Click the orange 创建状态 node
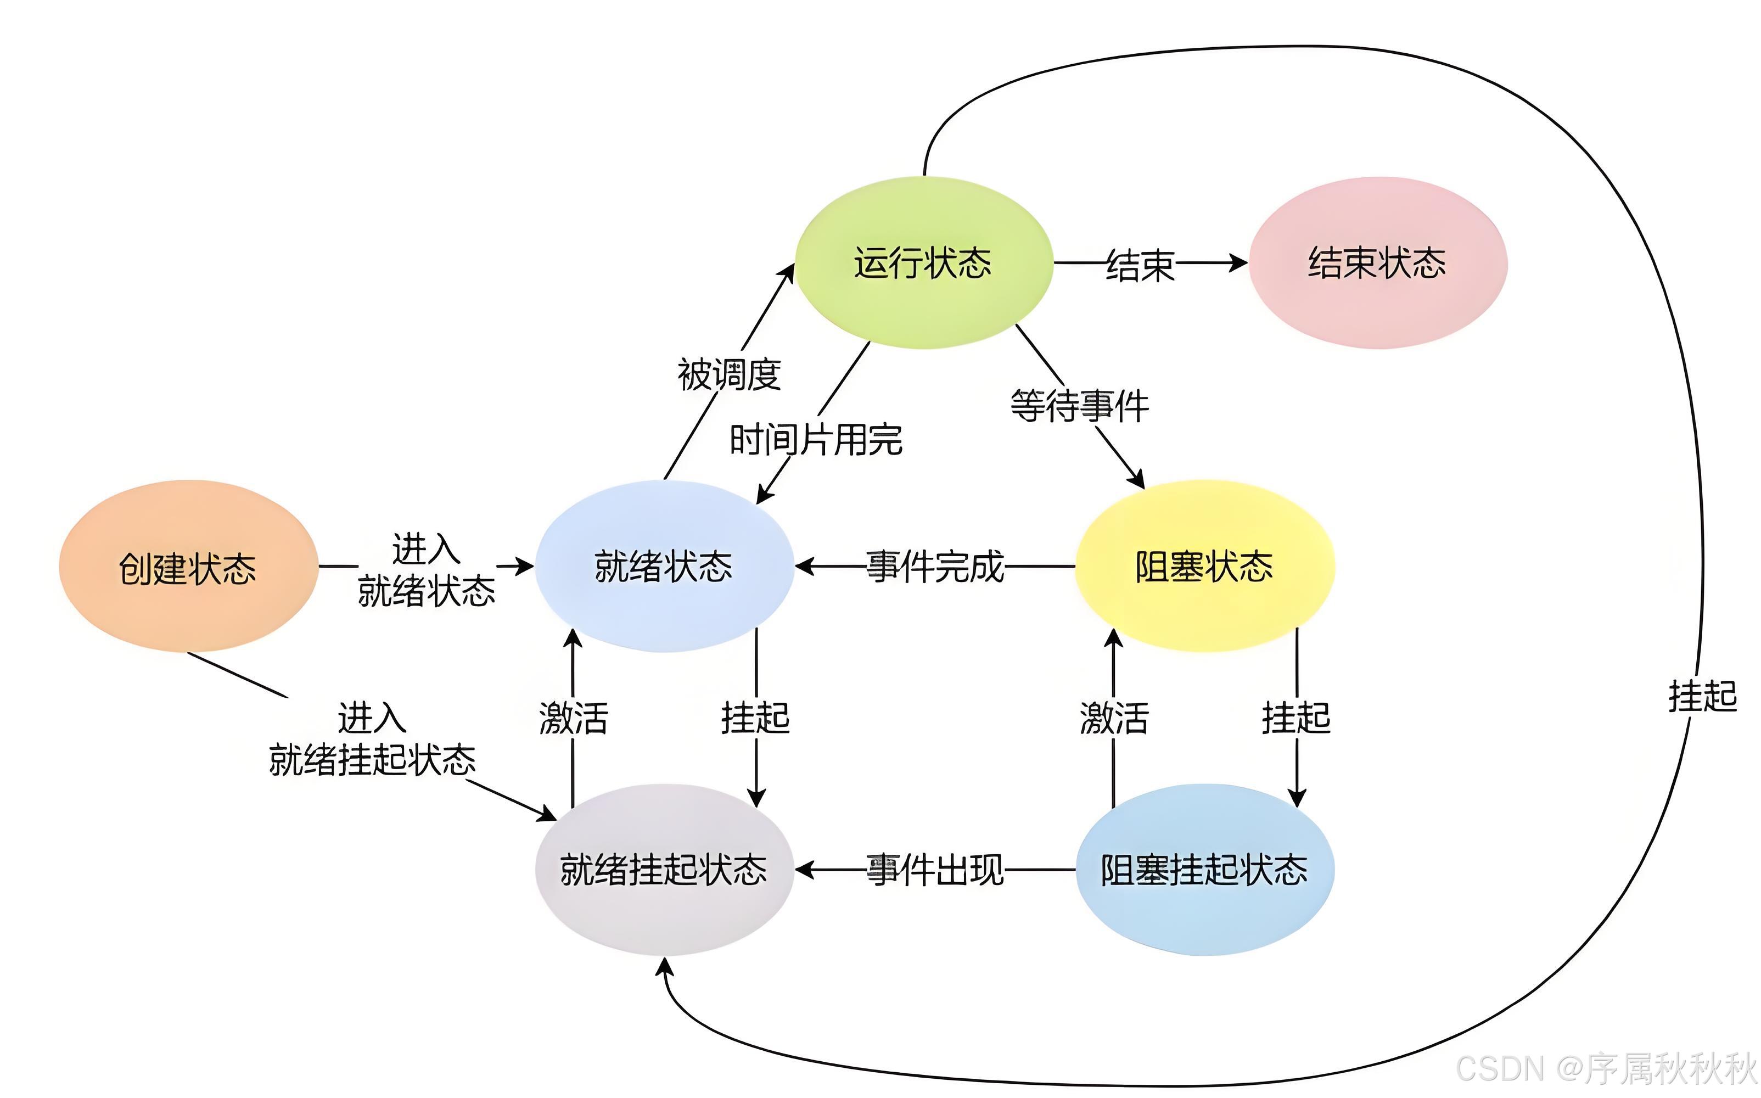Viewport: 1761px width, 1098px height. (x=188, y=567)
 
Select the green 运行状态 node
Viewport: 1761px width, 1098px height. (x=923, y=263)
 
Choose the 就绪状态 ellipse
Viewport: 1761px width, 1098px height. (x=664, y=567)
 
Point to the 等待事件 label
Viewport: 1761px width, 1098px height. (x=1079, y=406)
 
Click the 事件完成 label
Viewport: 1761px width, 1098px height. (x=935, y=567)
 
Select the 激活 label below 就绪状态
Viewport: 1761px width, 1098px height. (x=574, y=718)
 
